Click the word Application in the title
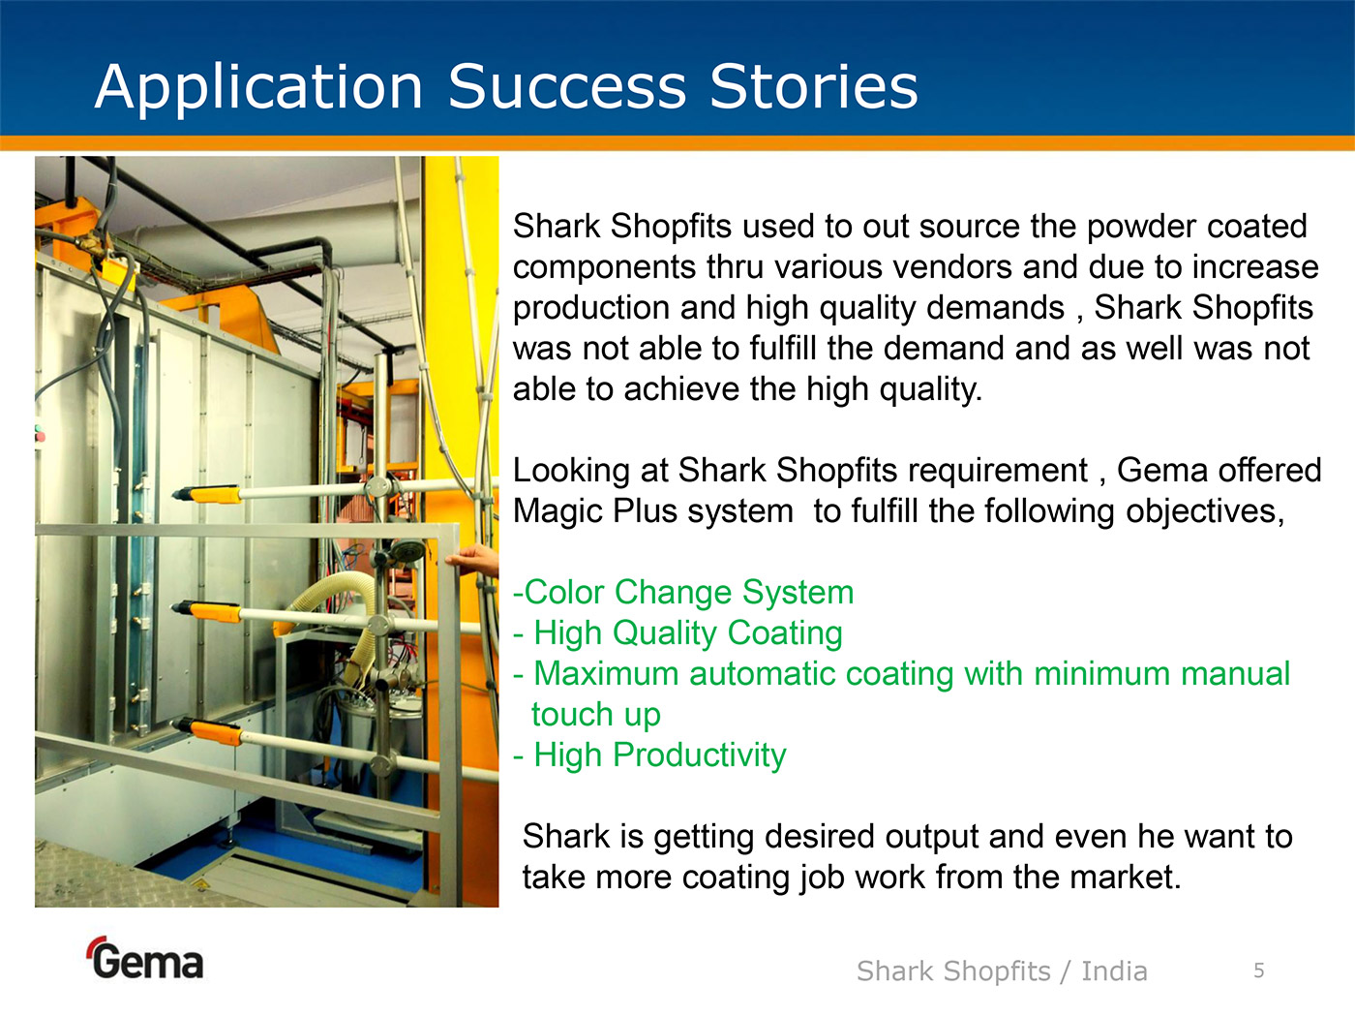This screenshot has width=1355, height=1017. [x=258, y=88]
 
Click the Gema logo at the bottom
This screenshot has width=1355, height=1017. [x=145, y=958]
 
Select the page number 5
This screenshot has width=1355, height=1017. [x=1259, y=971]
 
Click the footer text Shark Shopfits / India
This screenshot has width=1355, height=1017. [x=1002, y=971]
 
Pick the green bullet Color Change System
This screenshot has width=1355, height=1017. [x=683, y=592]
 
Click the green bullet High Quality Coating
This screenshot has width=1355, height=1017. [x=677, y=632]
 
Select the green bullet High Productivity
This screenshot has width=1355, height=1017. [x=649, y=755]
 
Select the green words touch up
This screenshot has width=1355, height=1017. [x=596, y=715]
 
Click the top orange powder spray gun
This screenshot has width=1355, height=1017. [x=207, y=495]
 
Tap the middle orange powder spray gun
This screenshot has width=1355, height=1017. [x=207, y=611]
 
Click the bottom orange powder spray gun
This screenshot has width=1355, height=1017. [x=207, y=731]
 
